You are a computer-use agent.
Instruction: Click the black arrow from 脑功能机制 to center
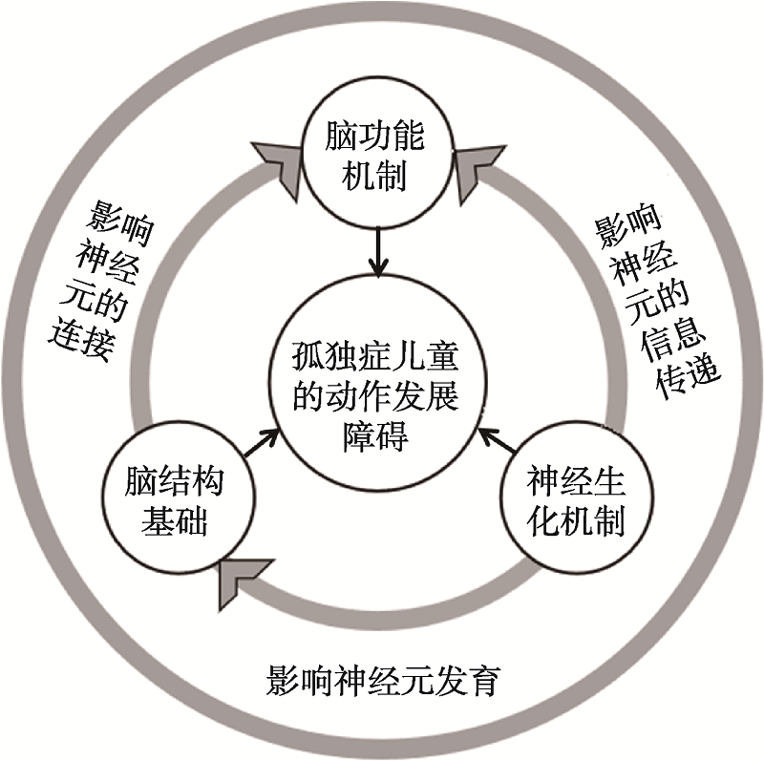click(380, 252)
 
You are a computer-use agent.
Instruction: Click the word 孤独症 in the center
click(330, 361)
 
